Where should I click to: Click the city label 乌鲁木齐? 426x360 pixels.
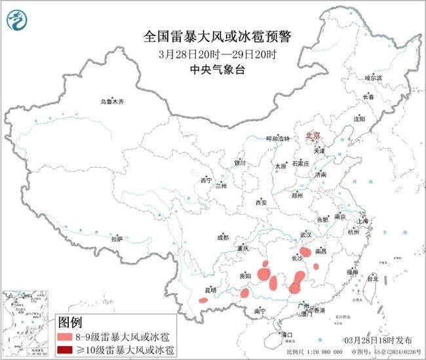pyautogui.click(x=112, y=102)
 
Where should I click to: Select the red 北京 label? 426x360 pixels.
pyautogui.click(x=312, y=136)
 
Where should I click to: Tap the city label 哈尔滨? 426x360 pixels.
pyautogui.click(x=373, y=78)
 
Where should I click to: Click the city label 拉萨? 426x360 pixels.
pyautogui.click(x=117, y=239)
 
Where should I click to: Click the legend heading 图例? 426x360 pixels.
pyautogui.click(x=70, y=322)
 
